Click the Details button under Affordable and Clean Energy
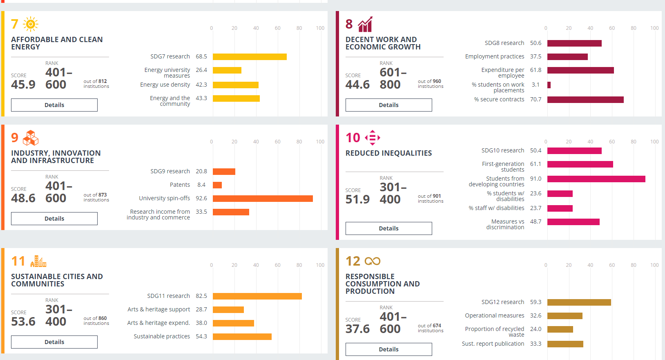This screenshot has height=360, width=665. (x=54, y=105)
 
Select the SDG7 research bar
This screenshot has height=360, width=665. (x=250, y=57)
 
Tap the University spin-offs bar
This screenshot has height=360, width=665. (x=263, y=199)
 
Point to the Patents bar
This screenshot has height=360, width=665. (x=217, y=185)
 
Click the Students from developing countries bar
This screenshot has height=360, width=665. (x=596, y=179)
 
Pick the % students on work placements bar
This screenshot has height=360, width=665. (x=549, y=85)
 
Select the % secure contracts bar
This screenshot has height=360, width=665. (x=585, y=100)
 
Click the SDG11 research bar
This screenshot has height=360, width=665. (x=257, y=296)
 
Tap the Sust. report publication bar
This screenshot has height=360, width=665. (x=565, y=344)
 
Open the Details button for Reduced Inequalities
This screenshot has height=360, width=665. (x=388, y=228)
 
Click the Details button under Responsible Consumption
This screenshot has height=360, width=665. (x=388, y=349)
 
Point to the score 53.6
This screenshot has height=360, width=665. (x=23, y=322)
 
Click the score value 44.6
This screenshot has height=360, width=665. (x=357, y=85)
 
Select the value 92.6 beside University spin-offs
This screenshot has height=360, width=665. (x=201, y=198)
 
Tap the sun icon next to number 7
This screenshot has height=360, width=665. (x=31, y=24)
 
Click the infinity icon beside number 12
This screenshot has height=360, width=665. (x=372, y=261)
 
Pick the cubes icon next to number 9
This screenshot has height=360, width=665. (x=31, y=138)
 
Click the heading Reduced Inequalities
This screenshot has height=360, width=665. (x=388, y=153)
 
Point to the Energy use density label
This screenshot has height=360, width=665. (x=165, y=85)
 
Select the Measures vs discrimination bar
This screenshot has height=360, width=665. (x=573, y=222)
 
